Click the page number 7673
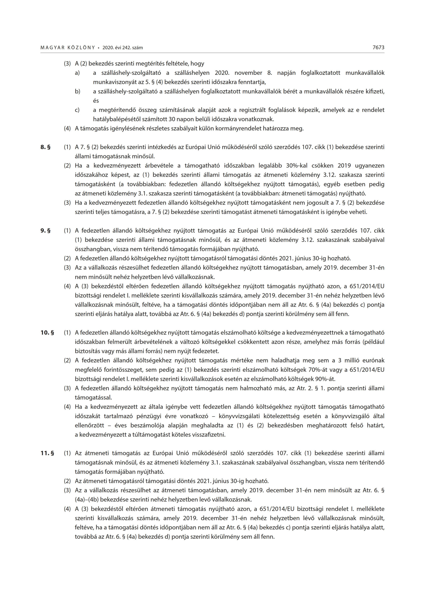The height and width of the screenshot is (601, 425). click(378, 48)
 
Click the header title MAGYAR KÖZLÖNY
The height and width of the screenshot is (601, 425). click(68, 48)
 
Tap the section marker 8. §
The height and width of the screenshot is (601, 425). click(45, 147)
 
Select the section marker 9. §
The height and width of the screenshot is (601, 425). click(45, 231)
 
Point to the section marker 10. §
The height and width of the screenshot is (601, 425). click(47, 333)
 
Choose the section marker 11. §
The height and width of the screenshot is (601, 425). click(47, 453)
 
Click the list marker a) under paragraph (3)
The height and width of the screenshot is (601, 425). click(77, 73)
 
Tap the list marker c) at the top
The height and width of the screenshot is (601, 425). click(77, 110)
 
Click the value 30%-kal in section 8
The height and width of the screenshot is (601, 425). click(297, 166)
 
